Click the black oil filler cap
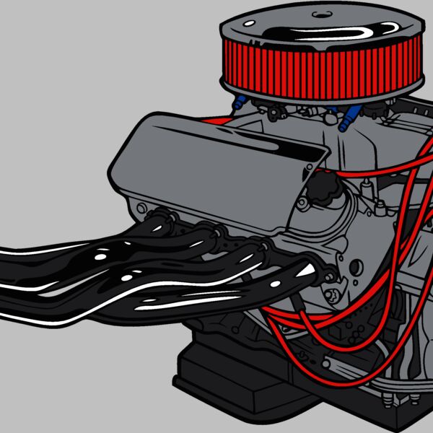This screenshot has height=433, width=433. (320, 190)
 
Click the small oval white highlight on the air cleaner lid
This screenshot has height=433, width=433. (250, 23)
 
